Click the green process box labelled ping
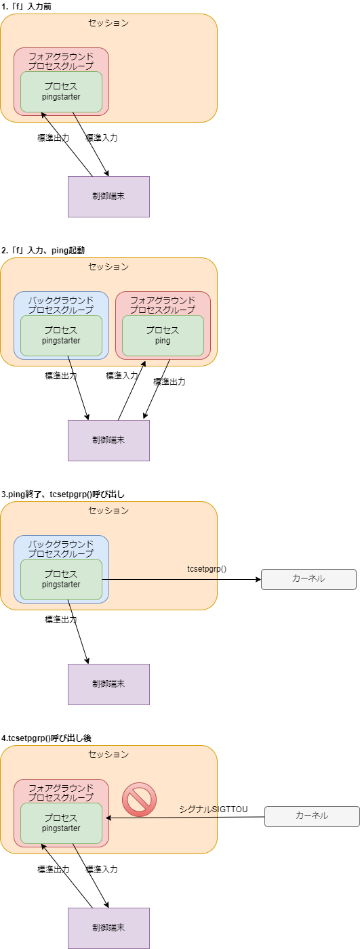click(x=163, y=335)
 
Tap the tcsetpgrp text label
click(x=202, y=568)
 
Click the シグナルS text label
click(x=198, y=809)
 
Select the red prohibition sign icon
click(x=140, y=799)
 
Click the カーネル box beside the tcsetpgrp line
click(x=308, y=579)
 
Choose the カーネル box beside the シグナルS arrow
click(x=312, y=816)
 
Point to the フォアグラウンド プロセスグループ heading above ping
click(x=163, y=305)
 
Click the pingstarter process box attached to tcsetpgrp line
click(x=61, y=579)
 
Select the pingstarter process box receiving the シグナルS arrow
click(x=61, y=823)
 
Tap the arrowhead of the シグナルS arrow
click(x=108, y=818)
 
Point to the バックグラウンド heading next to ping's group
click(x=61, y=305)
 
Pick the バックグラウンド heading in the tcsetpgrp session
click(x=61, y=549)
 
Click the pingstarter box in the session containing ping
click(x=61, y=335)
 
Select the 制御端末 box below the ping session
click(x=108, y=440)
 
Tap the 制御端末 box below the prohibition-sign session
click(x=108, y=928)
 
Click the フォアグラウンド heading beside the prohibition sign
click(x=61, y=793)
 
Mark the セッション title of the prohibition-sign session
click(x=108, y=755)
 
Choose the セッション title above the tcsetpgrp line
click(x=108, y=511)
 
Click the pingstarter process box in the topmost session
click(x=61, y=91)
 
